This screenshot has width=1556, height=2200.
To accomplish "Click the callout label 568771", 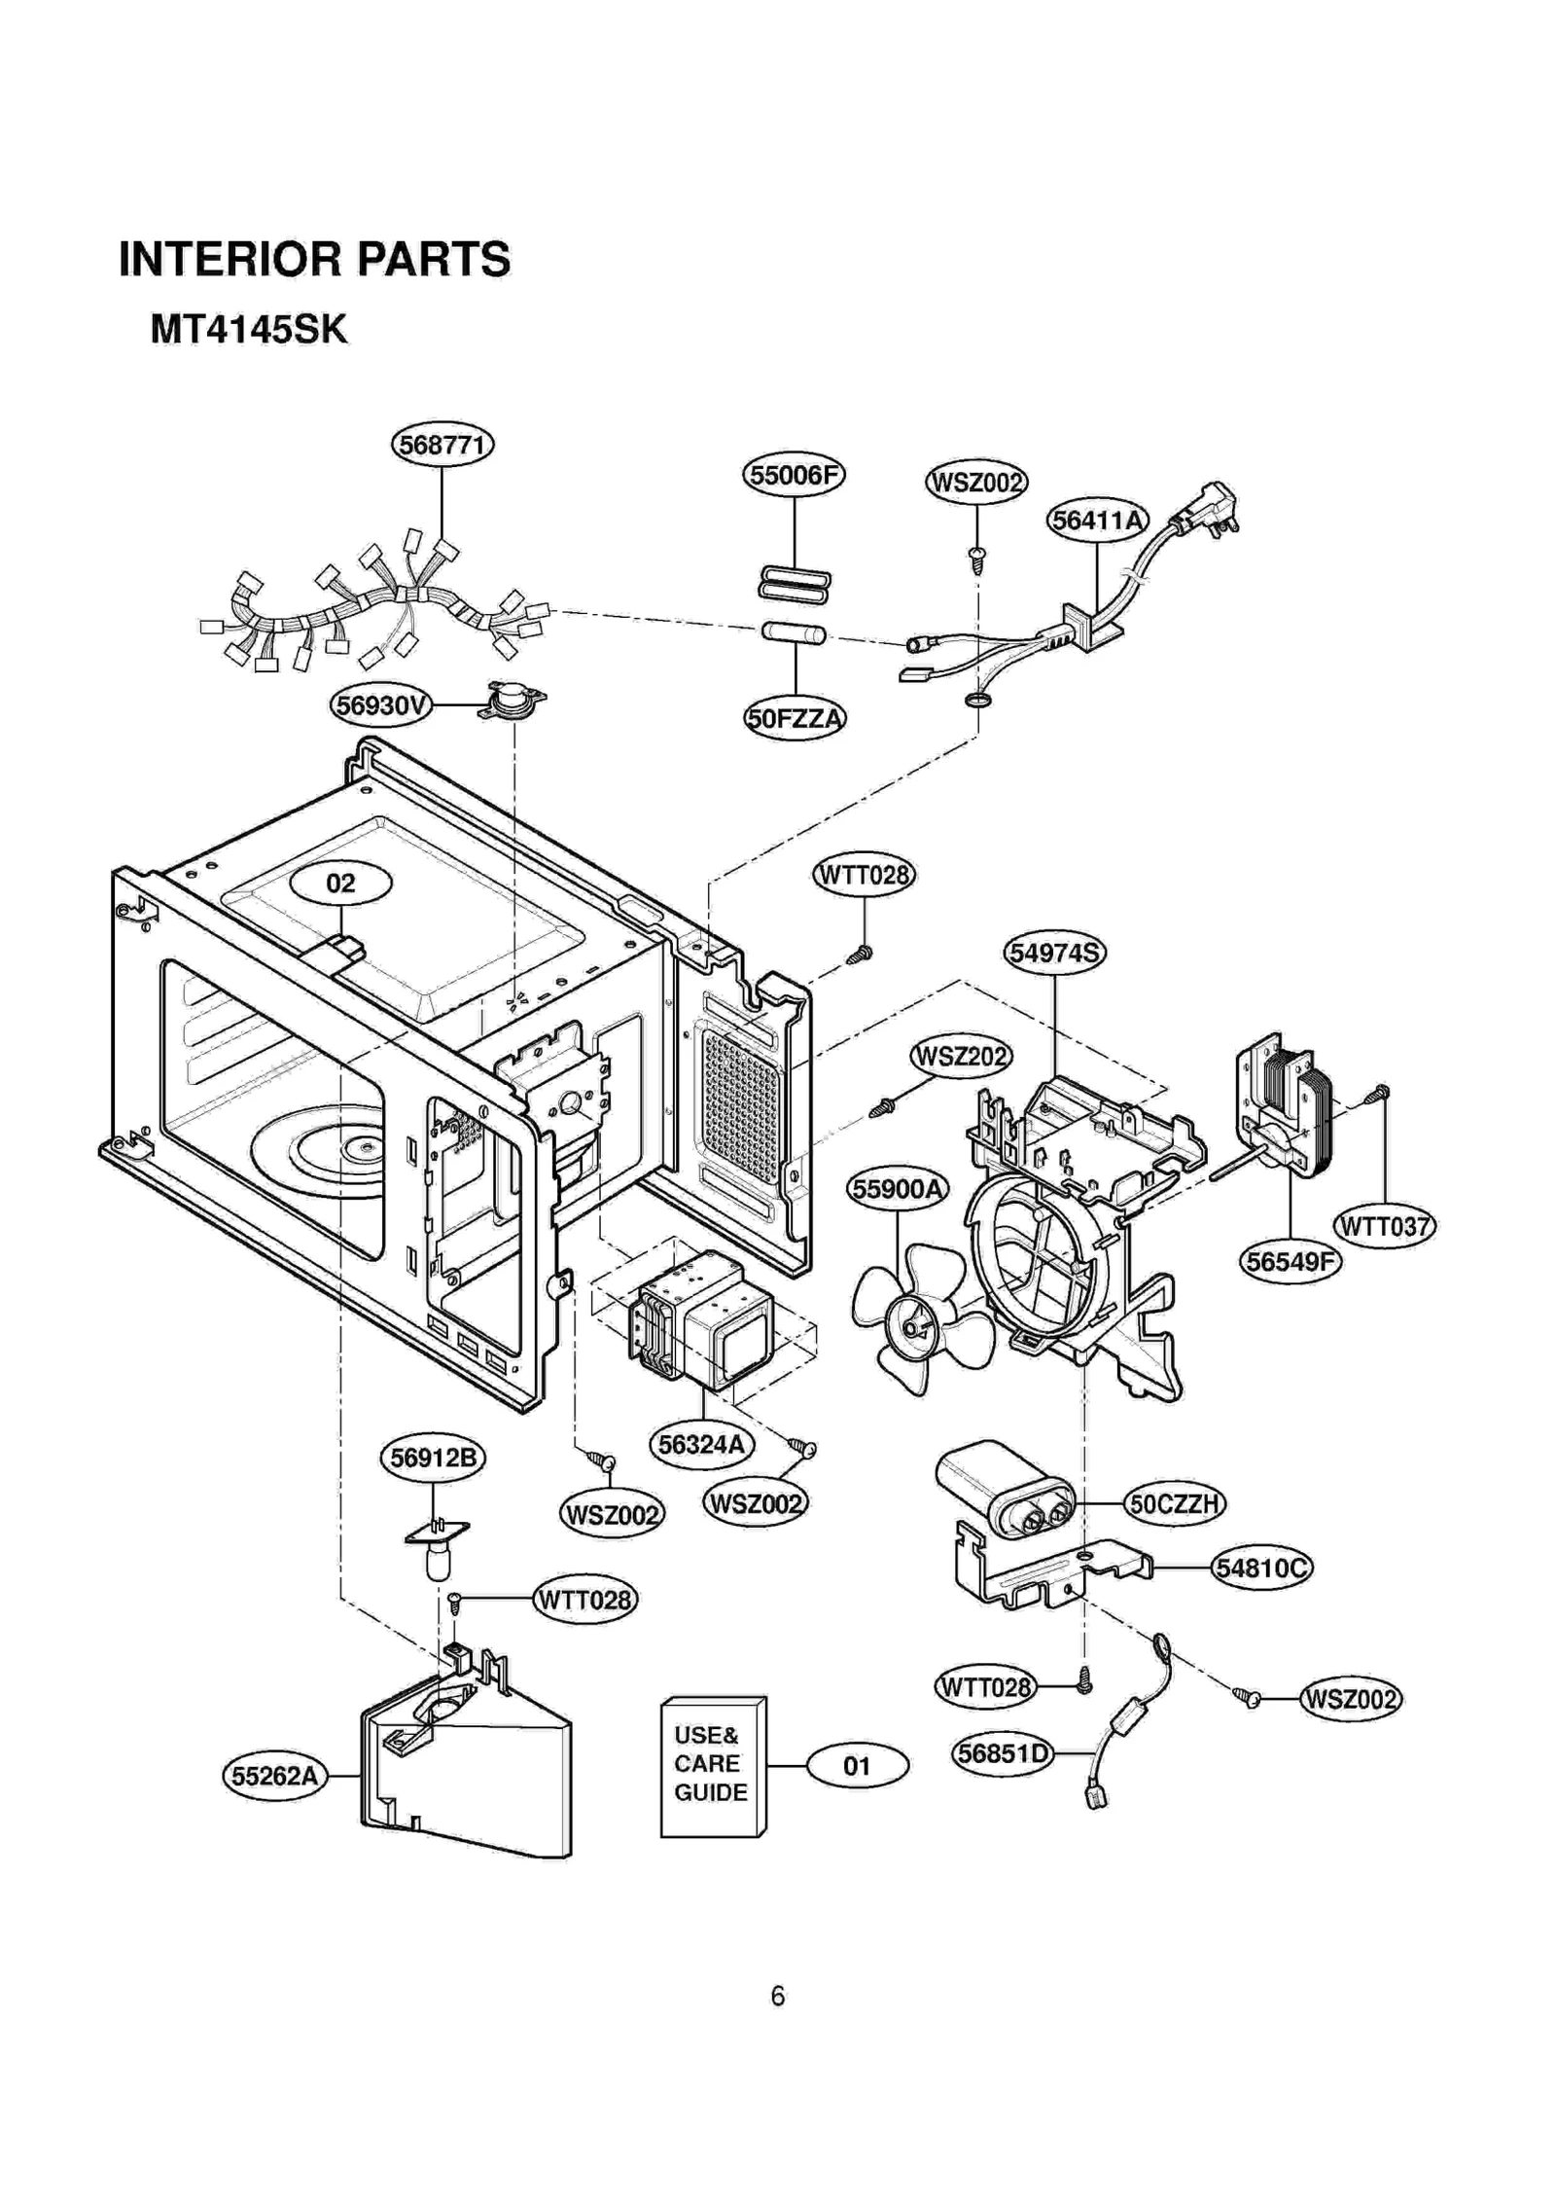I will tap(442, 445).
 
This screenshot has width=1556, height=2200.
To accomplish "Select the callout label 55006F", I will tap(794, 475).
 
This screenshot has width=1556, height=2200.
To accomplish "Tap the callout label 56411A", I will tap(1097, 521).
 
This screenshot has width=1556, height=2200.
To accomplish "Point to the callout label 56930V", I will tap(380, 704).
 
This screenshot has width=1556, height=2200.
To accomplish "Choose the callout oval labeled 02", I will tap(341, 883).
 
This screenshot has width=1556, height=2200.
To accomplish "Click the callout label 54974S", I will tap(1054, 953).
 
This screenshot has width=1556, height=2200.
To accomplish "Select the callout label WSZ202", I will tap(961, 1056).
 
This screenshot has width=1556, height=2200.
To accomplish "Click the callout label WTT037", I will tap(1384, 1226).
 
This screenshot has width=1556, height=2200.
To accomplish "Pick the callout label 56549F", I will tap(1290, 1262).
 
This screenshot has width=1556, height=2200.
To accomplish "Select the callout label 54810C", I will tap(1261, 1568).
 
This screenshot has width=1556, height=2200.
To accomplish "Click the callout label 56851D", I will tap(1002, 1753).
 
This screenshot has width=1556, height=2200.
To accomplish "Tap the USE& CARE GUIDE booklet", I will tap(712, 1768).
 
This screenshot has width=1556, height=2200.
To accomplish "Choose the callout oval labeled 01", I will tap(857, 1765).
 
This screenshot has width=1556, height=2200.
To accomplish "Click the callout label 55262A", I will tap(275, 1776).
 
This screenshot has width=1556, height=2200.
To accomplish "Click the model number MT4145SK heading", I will tap(248, 330).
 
